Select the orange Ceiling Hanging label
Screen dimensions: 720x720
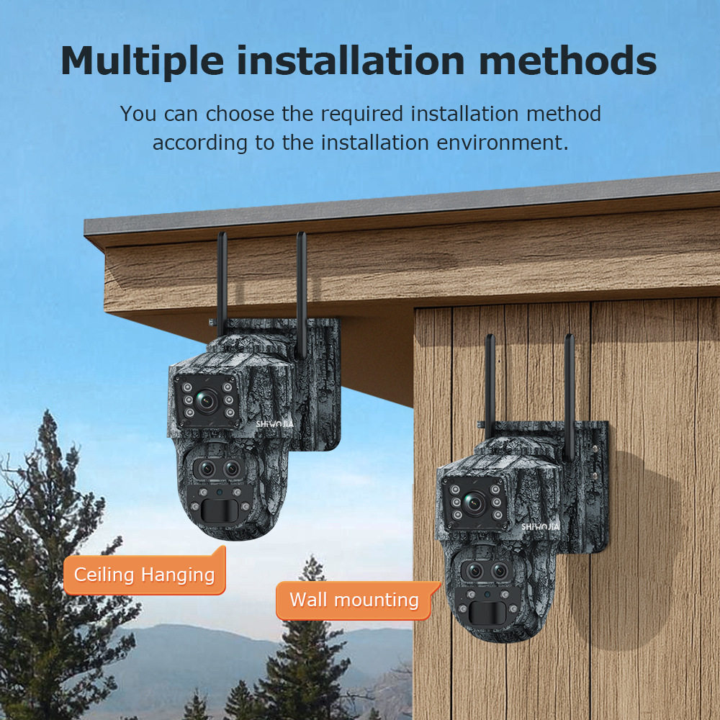[144, 575]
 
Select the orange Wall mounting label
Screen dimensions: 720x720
[354, 600]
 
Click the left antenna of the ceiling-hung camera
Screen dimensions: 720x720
[222, 281]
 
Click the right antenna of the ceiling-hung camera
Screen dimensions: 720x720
[301, 288]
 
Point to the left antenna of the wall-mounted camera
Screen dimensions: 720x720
[490, 382]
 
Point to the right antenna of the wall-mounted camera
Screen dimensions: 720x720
[569, 389]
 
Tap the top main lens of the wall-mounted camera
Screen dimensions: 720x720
[473, 503]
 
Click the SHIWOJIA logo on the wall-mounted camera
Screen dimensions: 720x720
[539, 526]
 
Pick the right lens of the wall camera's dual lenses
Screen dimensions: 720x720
[499, 572]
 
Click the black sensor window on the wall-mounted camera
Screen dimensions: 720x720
[488, 613]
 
